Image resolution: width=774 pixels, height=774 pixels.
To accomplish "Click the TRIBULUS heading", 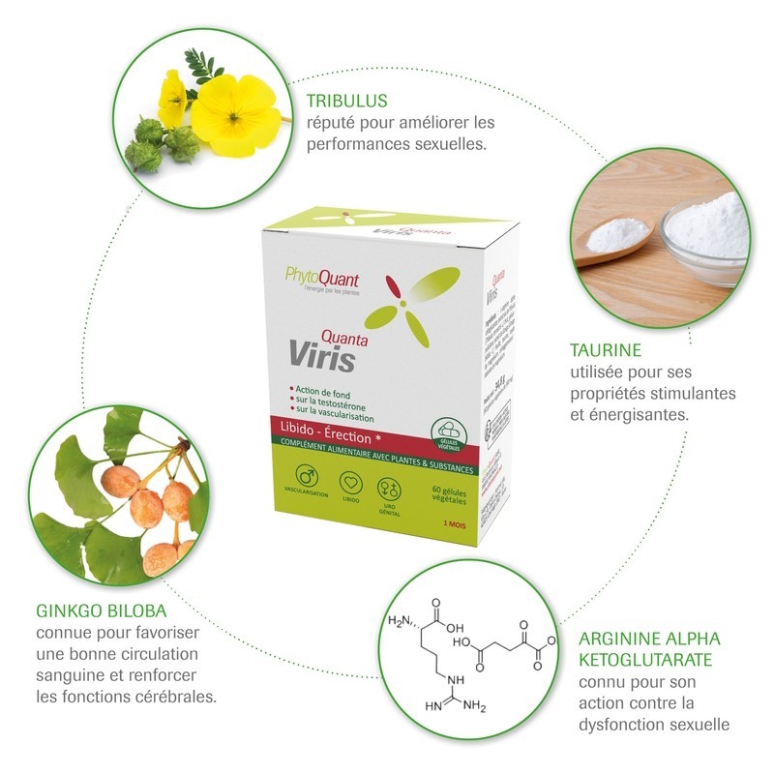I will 348,101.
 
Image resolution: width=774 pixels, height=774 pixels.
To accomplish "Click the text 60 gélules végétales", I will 449,497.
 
